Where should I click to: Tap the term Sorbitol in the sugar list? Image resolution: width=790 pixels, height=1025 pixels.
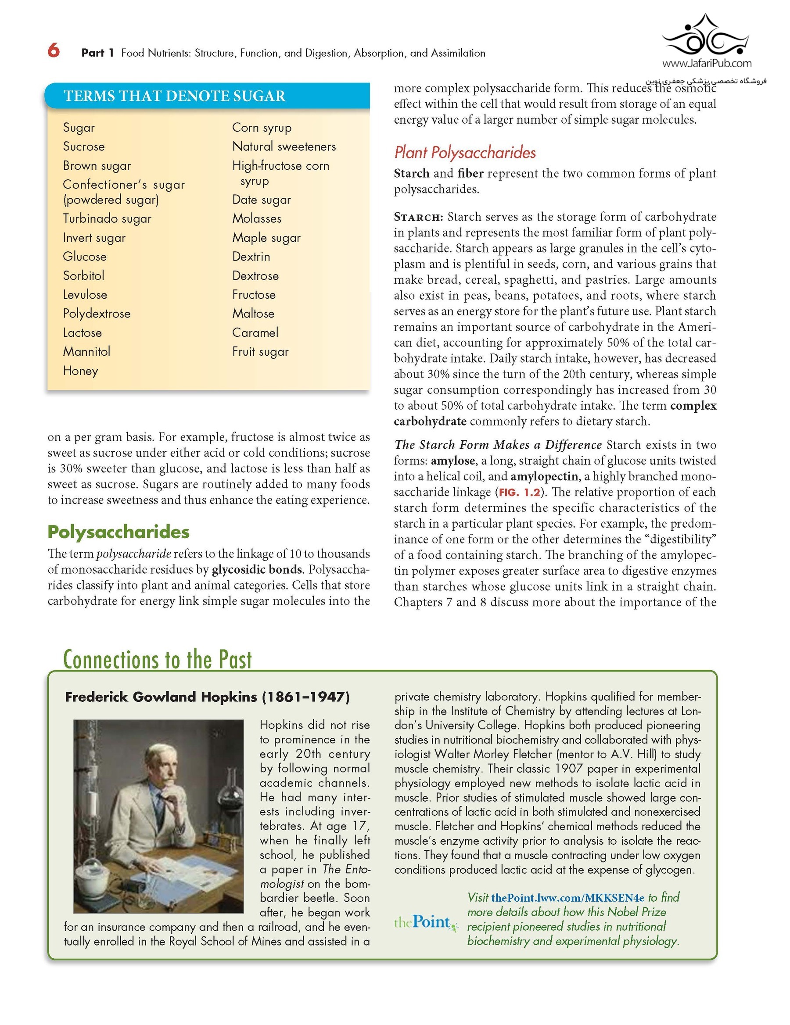point(83,275)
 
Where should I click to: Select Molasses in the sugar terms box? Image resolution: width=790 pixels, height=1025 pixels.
point(257,219)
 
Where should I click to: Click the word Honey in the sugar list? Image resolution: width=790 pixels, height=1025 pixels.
point(80,371)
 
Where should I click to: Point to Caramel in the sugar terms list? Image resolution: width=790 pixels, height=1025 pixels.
point(255,333)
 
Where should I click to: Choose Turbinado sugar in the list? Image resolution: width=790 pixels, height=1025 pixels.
point(107,219)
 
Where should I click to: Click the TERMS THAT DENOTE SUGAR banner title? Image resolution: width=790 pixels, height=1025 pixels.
point(174,96)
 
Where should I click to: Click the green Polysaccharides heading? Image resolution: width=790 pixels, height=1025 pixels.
point(118,532)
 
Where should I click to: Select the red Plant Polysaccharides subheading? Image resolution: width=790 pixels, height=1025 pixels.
point(464,153)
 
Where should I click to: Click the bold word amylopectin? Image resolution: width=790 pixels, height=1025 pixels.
point(544,476)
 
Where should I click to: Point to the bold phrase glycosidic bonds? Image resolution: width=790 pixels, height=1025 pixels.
point(257,570)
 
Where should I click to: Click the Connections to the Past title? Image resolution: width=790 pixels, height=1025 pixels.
point(158,659)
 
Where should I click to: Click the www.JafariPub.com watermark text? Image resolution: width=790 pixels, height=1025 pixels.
point(707,63)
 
